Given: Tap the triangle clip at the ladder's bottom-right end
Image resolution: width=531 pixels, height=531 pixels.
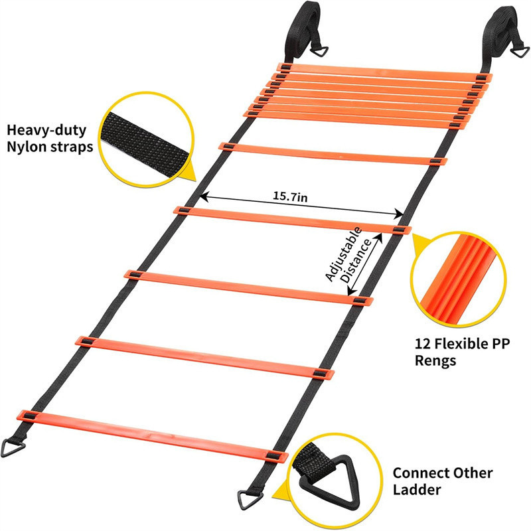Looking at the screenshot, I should coord(247,497).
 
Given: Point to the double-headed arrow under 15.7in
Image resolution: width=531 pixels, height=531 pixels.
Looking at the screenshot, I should coord(303,205).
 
